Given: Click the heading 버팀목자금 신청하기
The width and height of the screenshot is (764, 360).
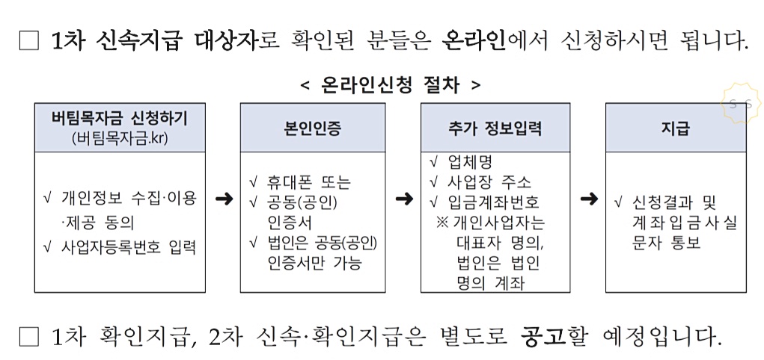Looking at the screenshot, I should pos(120,118).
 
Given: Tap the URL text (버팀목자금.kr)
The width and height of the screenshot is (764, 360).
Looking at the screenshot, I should pos(120,138).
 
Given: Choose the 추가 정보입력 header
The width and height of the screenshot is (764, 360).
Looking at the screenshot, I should pos(490,128).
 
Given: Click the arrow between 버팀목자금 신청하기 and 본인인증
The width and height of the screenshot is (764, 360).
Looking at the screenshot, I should pos(223,199).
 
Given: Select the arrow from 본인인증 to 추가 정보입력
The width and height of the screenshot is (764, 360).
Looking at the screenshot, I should pos(404,199).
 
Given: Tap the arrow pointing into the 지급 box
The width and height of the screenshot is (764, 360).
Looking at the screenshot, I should pos(589,199).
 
